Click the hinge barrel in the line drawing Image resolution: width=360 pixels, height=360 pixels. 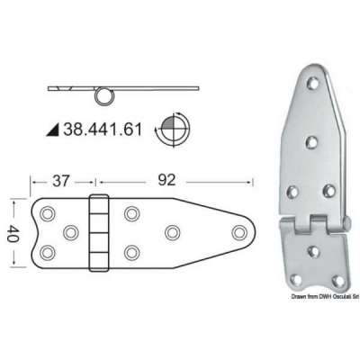coord(99,232)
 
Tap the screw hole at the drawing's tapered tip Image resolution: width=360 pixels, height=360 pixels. coord(238,233)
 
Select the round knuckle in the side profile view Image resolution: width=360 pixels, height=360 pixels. coord(104,93)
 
